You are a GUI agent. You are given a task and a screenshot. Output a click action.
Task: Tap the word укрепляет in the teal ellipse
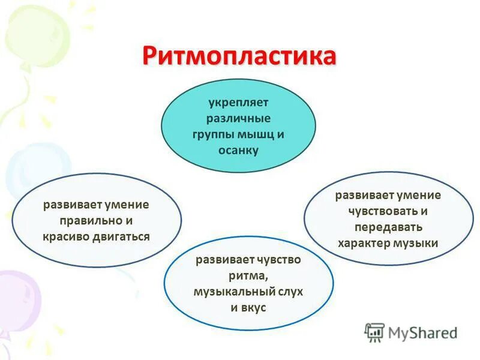coord(238,103)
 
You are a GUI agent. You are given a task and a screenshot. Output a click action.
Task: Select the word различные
coord(238,119)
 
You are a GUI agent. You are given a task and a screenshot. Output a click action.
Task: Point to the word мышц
coord(254,134)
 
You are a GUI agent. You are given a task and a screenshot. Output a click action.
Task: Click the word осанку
coord(238,150)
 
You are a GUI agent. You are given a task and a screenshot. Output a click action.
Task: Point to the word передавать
coord(388,227)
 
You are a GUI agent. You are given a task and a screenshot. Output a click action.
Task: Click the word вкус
coord(254,307)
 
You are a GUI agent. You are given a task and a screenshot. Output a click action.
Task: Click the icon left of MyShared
coord(374,332)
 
